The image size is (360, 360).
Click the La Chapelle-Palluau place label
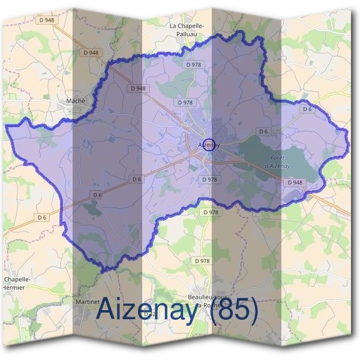click(x=187, y=30)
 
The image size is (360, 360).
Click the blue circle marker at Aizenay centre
click(x=209, y=145)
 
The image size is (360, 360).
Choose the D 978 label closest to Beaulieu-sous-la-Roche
click(x=203, y=261)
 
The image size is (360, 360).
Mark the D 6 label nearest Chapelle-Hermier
click(x=41, y=217)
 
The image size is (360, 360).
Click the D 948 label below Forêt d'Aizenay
click(x=295, y=182)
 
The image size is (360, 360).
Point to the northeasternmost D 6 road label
click(x=307, y=109)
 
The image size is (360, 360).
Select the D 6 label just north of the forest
click(x=263, y=131)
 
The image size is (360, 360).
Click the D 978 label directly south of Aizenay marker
click(x=209, y=179)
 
